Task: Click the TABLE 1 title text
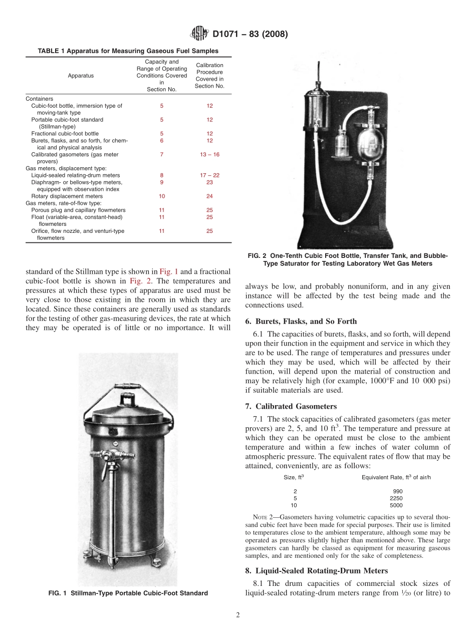[x=128, y=51]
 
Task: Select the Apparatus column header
[x=81, y=76]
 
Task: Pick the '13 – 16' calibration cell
[x=209, y=155]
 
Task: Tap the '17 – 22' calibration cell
[x=209, y=175]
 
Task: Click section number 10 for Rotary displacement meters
[x=162, y=196]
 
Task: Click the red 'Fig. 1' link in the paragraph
[x=168, y=272]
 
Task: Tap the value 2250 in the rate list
[x=396, y=498]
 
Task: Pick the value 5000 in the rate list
[x=396, y=505]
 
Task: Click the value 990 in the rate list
[x=398, y=491]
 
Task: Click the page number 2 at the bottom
[x=238, y=615]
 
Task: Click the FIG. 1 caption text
[x=128, y=593]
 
